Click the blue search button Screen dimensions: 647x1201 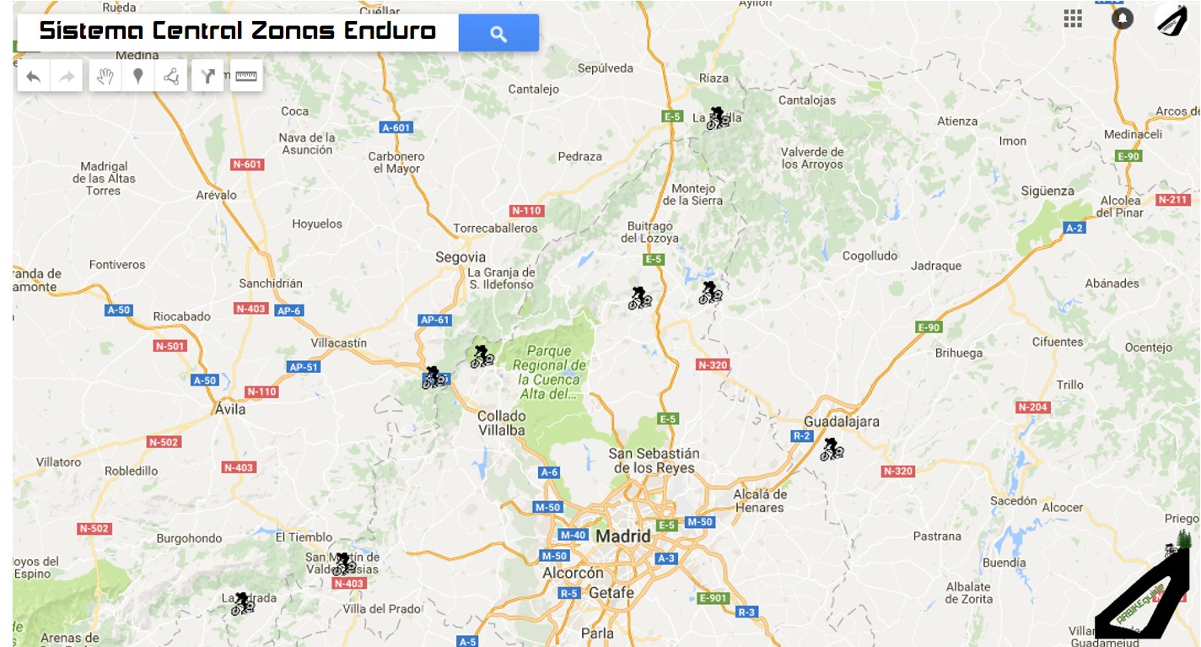coord(498,33)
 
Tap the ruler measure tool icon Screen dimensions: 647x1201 coord(245,76)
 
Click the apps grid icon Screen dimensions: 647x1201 coord(1073,19)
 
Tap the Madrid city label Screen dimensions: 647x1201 coord(623,536)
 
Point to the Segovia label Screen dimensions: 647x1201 coord(460,256)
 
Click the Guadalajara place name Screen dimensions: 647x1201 coord(842,421)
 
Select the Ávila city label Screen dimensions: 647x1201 coord(230,409)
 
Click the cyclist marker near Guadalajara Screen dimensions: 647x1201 coord(832,449)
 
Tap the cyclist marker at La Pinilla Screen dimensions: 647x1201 coord(718,117)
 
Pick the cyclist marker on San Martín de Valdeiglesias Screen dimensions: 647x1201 coord(343,563)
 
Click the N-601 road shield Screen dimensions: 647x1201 coord(247,164)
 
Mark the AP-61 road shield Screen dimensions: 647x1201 coord(435,320)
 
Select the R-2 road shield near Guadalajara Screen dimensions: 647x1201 coord(801,436)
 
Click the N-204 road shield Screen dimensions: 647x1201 coord(1032,407)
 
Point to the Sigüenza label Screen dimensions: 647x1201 coord(1048,191)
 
